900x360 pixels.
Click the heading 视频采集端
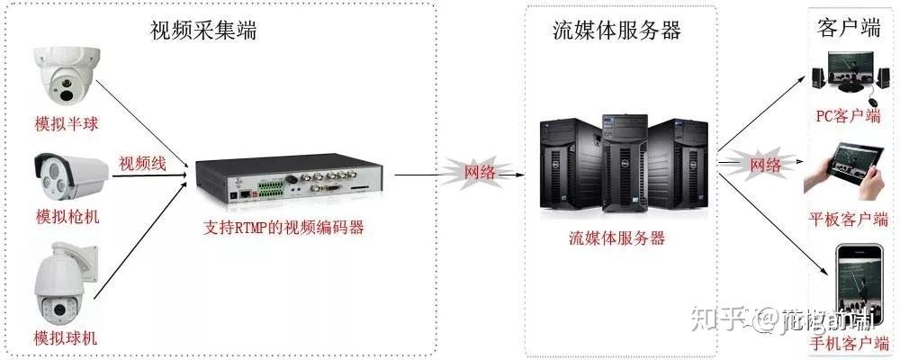click(203, 31)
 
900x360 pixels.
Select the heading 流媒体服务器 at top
click(616, 31)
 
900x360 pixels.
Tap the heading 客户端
click(848, 29)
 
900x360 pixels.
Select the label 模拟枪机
click(67, 217)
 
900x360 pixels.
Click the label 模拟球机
click(65, 338)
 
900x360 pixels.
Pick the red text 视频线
click(142, 164)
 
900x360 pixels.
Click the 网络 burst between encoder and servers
click(480, 172)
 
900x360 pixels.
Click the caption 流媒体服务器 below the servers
click(616, 238)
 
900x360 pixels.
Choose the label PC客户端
click(848, 116)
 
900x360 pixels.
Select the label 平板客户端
click(848, 219)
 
